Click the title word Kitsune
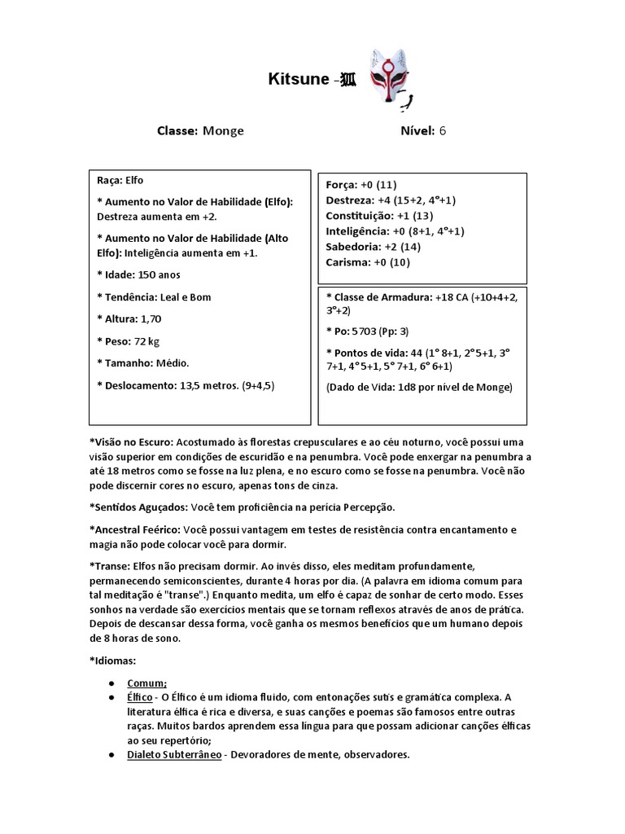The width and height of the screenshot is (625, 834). (x=297, y=80)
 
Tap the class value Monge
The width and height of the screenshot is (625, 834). (x=223, y=131)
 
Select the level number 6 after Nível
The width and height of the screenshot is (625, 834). (x=443, y=131)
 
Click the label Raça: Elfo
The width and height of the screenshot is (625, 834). (x=120, y=180)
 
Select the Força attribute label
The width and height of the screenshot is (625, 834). (x=343, y=185)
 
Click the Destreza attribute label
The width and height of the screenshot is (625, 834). (x=351, y=200)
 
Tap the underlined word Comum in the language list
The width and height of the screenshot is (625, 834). (x=146, y=683)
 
